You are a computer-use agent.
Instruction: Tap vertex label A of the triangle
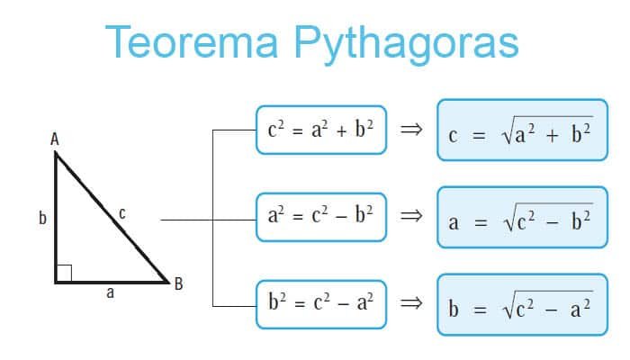(55, 139)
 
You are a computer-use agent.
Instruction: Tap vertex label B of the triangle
(178, 283)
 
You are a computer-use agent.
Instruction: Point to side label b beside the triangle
(42, 218)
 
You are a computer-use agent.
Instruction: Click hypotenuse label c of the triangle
(121, 213)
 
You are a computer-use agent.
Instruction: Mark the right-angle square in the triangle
(63, 273)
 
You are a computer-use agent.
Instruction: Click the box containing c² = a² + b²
(320, 130)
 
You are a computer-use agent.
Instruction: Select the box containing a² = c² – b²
(320, 216)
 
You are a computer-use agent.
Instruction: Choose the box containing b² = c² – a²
(320, 302)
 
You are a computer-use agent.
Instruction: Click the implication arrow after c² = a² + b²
(410, 130)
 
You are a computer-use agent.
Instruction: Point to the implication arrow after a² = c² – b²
(410, 216)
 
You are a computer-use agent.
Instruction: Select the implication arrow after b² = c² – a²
(410, 302)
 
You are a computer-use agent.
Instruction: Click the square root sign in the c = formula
(508, 135)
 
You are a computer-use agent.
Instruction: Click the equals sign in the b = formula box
(480, 309)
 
